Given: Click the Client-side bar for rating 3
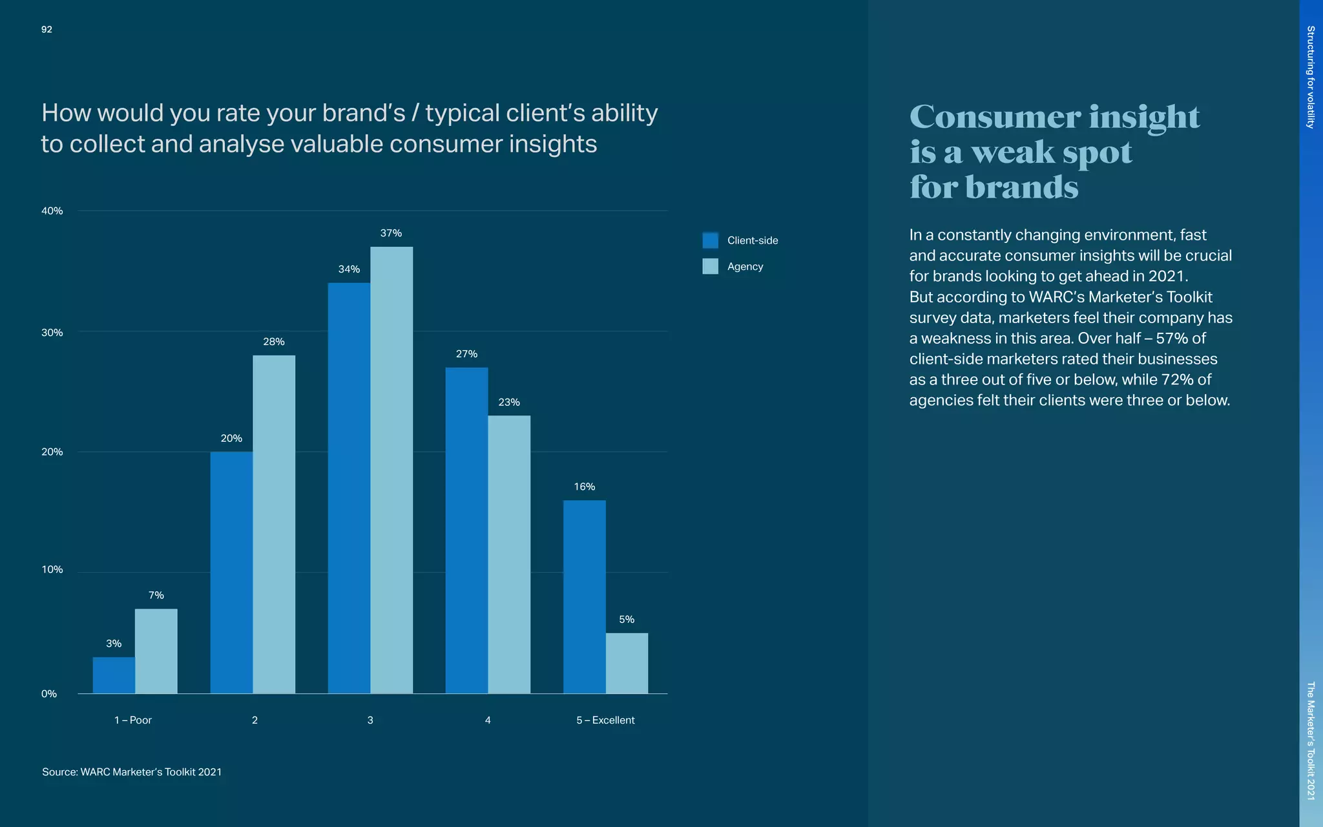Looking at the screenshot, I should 349,488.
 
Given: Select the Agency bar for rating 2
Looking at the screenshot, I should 274,524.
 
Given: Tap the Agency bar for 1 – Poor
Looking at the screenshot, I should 156,651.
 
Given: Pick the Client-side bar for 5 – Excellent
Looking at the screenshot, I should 584,596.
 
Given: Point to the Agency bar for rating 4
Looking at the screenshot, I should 509,554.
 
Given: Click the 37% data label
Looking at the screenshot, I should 391,233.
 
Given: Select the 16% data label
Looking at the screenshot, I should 584,487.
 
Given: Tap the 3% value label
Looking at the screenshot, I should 114,644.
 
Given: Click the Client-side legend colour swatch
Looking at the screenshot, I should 710,240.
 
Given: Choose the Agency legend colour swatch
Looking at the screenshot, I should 710,266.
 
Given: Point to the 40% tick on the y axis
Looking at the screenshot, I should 52,211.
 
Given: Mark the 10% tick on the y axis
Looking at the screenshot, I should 52,570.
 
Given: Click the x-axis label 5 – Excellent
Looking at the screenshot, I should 605,720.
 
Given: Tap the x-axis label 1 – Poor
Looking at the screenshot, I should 133,720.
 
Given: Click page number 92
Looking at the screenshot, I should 47,30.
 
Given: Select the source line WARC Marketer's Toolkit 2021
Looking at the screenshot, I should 132,772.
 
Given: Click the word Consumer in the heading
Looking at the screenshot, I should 994,117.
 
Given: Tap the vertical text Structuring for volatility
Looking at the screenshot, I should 1310,77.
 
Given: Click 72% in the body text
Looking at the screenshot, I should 1177,380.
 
